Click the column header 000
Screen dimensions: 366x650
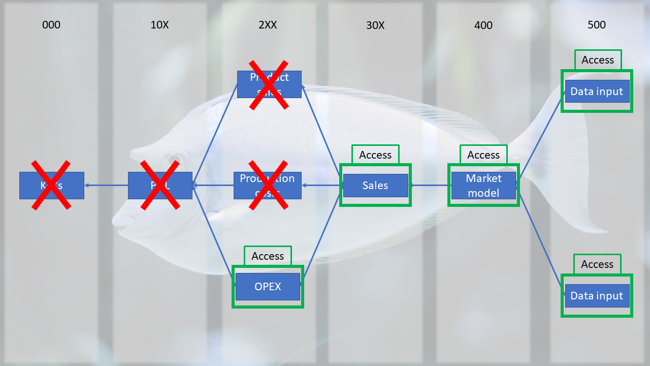[51, 25]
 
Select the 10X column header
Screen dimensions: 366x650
[159, 25]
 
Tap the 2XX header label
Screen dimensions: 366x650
[268, 25]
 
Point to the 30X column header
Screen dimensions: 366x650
[375, 25]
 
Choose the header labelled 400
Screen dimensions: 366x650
[483, 25]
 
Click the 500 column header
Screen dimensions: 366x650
[597, 25]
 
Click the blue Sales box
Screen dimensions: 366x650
[375, 186]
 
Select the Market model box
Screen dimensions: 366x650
[483, 186]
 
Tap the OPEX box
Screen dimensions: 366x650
[268, 287]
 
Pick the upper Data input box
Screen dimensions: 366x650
[597, 91]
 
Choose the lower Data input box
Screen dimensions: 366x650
[597, 296]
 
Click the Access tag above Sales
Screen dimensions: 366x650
[375, 155]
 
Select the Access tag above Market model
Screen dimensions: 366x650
[483, 155]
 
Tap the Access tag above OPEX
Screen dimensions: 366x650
[268, 256]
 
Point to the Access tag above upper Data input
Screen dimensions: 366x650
[598, 60]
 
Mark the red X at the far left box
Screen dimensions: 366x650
[51, 185]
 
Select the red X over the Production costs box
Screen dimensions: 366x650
[269, 185]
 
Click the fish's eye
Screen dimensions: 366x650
[175, 159]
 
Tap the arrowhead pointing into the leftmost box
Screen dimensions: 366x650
[87, 185]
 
